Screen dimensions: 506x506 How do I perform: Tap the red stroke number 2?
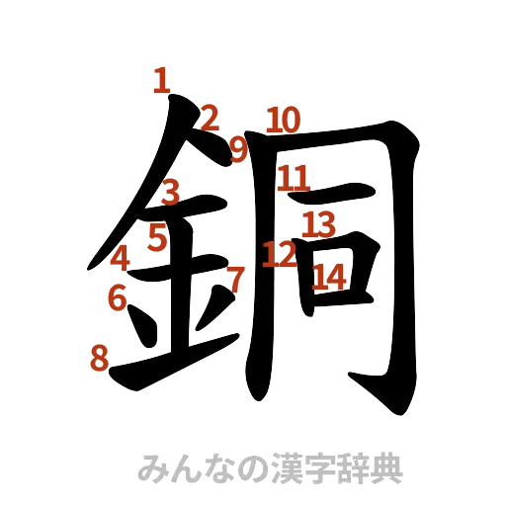coord(209,119)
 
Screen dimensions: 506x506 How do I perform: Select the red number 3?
coord(171,191)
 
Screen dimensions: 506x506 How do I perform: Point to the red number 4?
coord(121,259)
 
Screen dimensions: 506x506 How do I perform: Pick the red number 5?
coord(157,237)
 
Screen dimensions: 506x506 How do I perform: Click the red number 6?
coord(116,296)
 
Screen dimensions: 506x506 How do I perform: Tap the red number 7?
coord(234,279)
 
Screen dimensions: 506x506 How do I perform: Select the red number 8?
coord(98,357)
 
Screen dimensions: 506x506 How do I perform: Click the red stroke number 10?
coord(282,121)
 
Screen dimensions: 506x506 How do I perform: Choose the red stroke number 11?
coord(294,179)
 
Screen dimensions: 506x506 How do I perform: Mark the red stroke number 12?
coord(280,256)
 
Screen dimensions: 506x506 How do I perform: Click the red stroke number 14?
coord(329,278)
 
